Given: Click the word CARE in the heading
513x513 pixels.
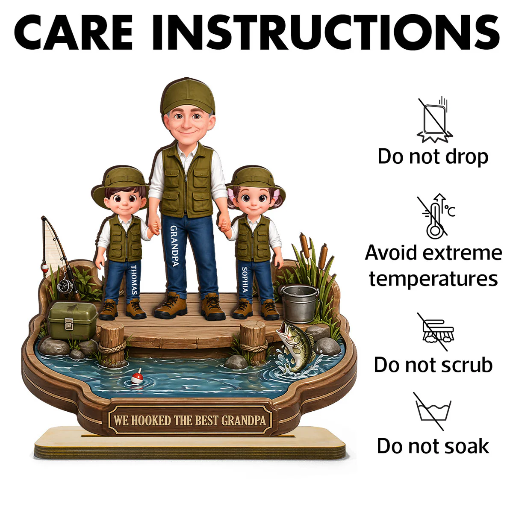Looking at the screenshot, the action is point(74,32).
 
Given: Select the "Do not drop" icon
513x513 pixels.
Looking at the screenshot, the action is point(434,120).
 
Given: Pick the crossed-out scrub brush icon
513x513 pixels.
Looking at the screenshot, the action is point(437,332).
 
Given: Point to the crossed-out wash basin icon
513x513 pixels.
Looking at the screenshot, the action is point(433,412).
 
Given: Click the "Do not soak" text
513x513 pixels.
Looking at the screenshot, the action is point(433,446).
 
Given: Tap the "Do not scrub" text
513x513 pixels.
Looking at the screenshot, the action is point(433,365).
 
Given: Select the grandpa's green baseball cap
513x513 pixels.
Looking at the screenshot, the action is point(188,96).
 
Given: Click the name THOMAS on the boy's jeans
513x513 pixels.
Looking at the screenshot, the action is point(134,280).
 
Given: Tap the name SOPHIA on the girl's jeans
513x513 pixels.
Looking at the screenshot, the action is point(245,279).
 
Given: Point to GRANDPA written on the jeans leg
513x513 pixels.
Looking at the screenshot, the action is point(174,246).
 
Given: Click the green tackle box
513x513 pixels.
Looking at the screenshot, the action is point(72,321).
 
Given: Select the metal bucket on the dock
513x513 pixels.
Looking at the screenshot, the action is point(300,303).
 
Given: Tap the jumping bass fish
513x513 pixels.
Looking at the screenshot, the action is point(296,346).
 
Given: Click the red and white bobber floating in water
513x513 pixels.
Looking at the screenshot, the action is point(137,377).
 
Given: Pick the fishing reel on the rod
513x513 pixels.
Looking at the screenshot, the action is point(65,286).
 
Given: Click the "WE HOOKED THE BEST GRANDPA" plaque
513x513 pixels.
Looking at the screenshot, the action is point(190,421).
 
